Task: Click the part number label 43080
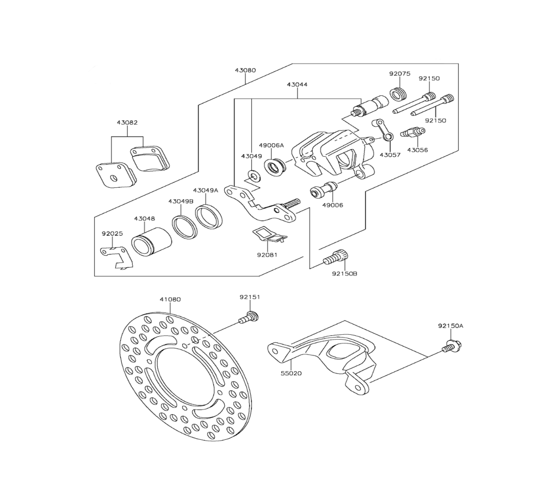[245, 70]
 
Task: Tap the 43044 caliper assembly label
[298, 85]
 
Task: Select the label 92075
[399, 73]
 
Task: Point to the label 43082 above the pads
[127, 122]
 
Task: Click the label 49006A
[271, 145]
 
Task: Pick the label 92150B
[344, 273]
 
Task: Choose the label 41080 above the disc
[170, 299]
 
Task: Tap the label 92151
[250, 297]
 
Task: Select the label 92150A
[450, 326]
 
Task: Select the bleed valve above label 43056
[412, 132]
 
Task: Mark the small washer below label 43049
[254, 175]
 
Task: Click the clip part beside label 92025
[116, 256]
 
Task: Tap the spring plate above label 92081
[268, 234]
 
